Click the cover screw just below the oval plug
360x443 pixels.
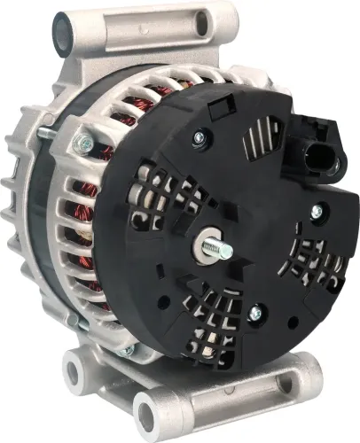[315, 210]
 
